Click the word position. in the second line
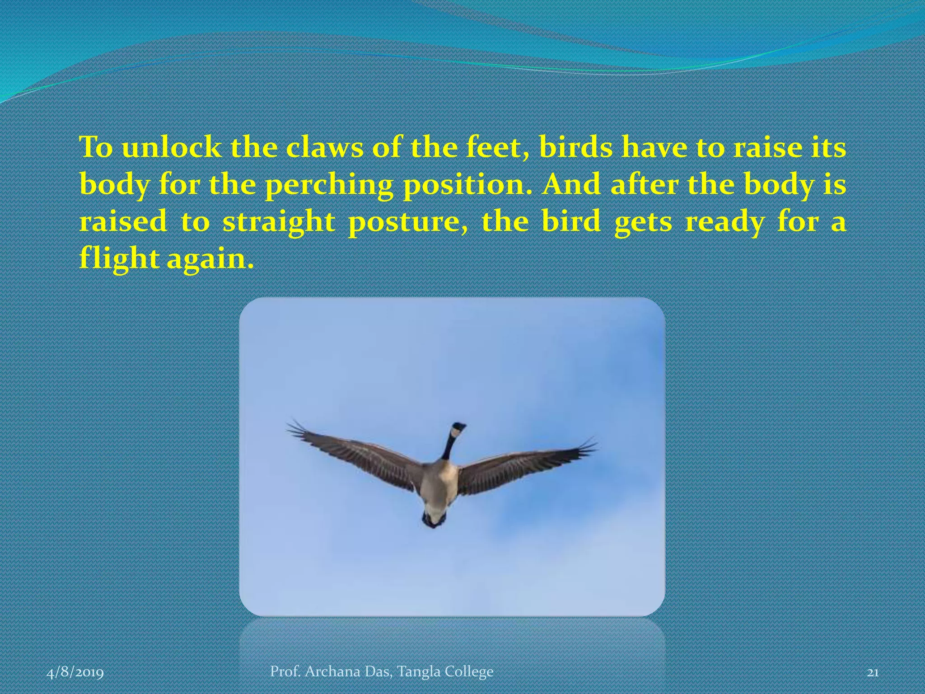pyautogui.click(x=467, y=186)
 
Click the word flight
pyautogui.click(x=118, y=260)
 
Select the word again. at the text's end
pyautogui.click(x=207, y=260)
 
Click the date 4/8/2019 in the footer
pyautogui.click(x=75, y=673)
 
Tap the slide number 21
pyautogui.click(x=873, y=673)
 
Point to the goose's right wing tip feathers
pyautogui.click(x=587, y=445)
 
